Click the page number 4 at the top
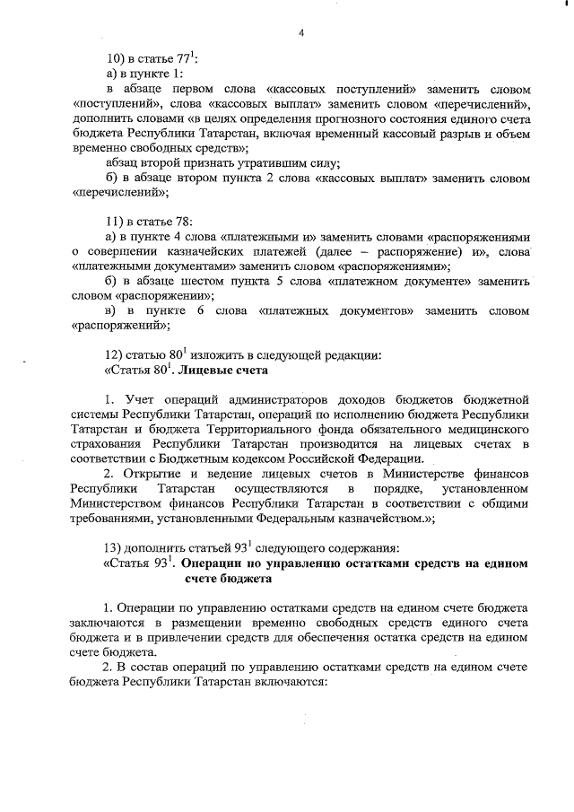point(301,33)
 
